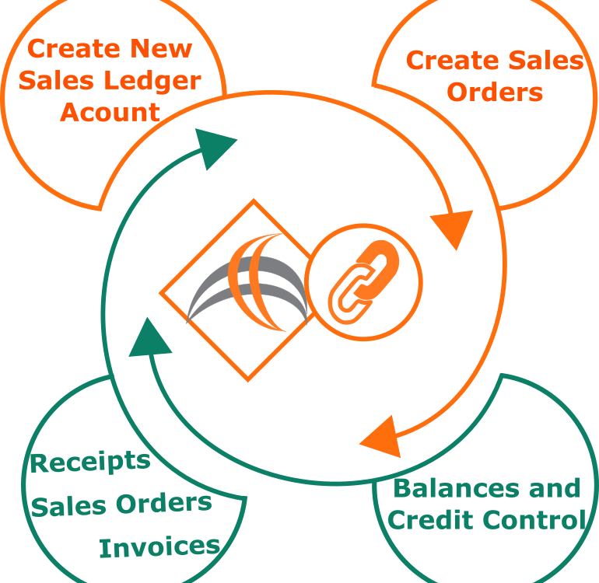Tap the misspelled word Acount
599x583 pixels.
(110, 112)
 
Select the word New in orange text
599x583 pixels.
(161, 48)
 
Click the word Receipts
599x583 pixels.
(90, 462)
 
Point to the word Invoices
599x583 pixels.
(159, 547)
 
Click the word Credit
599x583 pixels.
(433, 519)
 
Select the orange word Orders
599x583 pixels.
(495, 92)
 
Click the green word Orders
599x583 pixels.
(164, 503)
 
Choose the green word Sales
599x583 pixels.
(68, 507)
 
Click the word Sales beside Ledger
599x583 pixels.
(56, 80)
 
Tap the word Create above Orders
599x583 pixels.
(452, 61)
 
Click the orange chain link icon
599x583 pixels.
(364, 282)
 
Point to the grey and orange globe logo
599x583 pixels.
(247, 282)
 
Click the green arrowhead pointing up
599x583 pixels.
(149, 340)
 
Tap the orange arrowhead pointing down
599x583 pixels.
(453, 228)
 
